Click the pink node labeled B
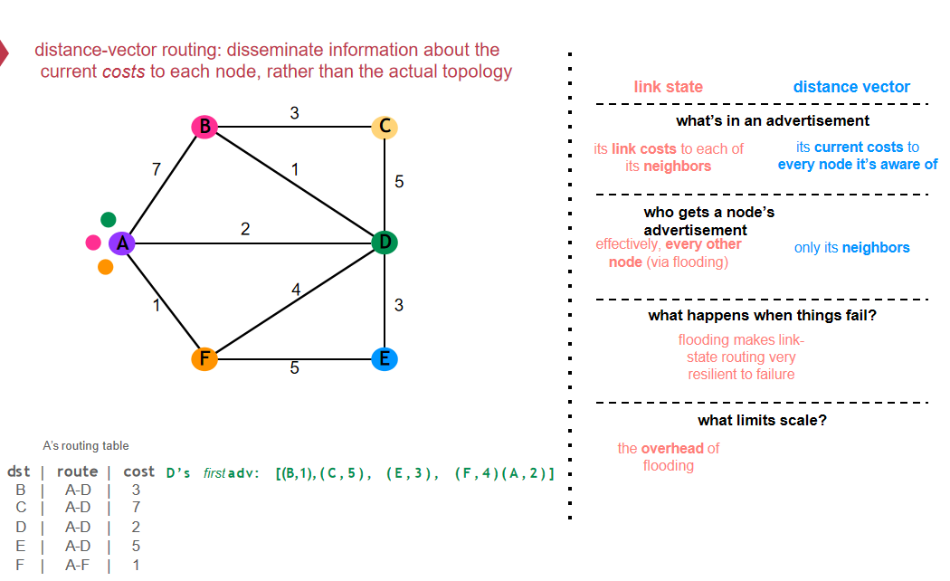click(204, 127)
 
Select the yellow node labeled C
click(385, 127)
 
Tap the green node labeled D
click(385, 243)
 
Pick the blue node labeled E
click(385, 358)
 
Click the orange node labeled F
click(204, 358)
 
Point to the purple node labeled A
click(122, 243)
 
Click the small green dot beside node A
click(109, 219)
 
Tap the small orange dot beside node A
click(106, 267)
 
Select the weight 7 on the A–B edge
click(157, 169)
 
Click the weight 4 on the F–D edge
click(296, 290)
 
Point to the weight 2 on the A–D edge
click(245, 229)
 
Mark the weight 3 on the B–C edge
click(294, 113)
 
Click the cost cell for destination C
click(137, 507)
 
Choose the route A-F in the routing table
click(78, 566)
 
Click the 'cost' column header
click(138, 471)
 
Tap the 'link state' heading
click(669, 87)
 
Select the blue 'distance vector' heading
click(851, 87)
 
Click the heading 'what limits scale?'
click(762, 420)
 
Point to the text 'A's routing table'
click(85, 446)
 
